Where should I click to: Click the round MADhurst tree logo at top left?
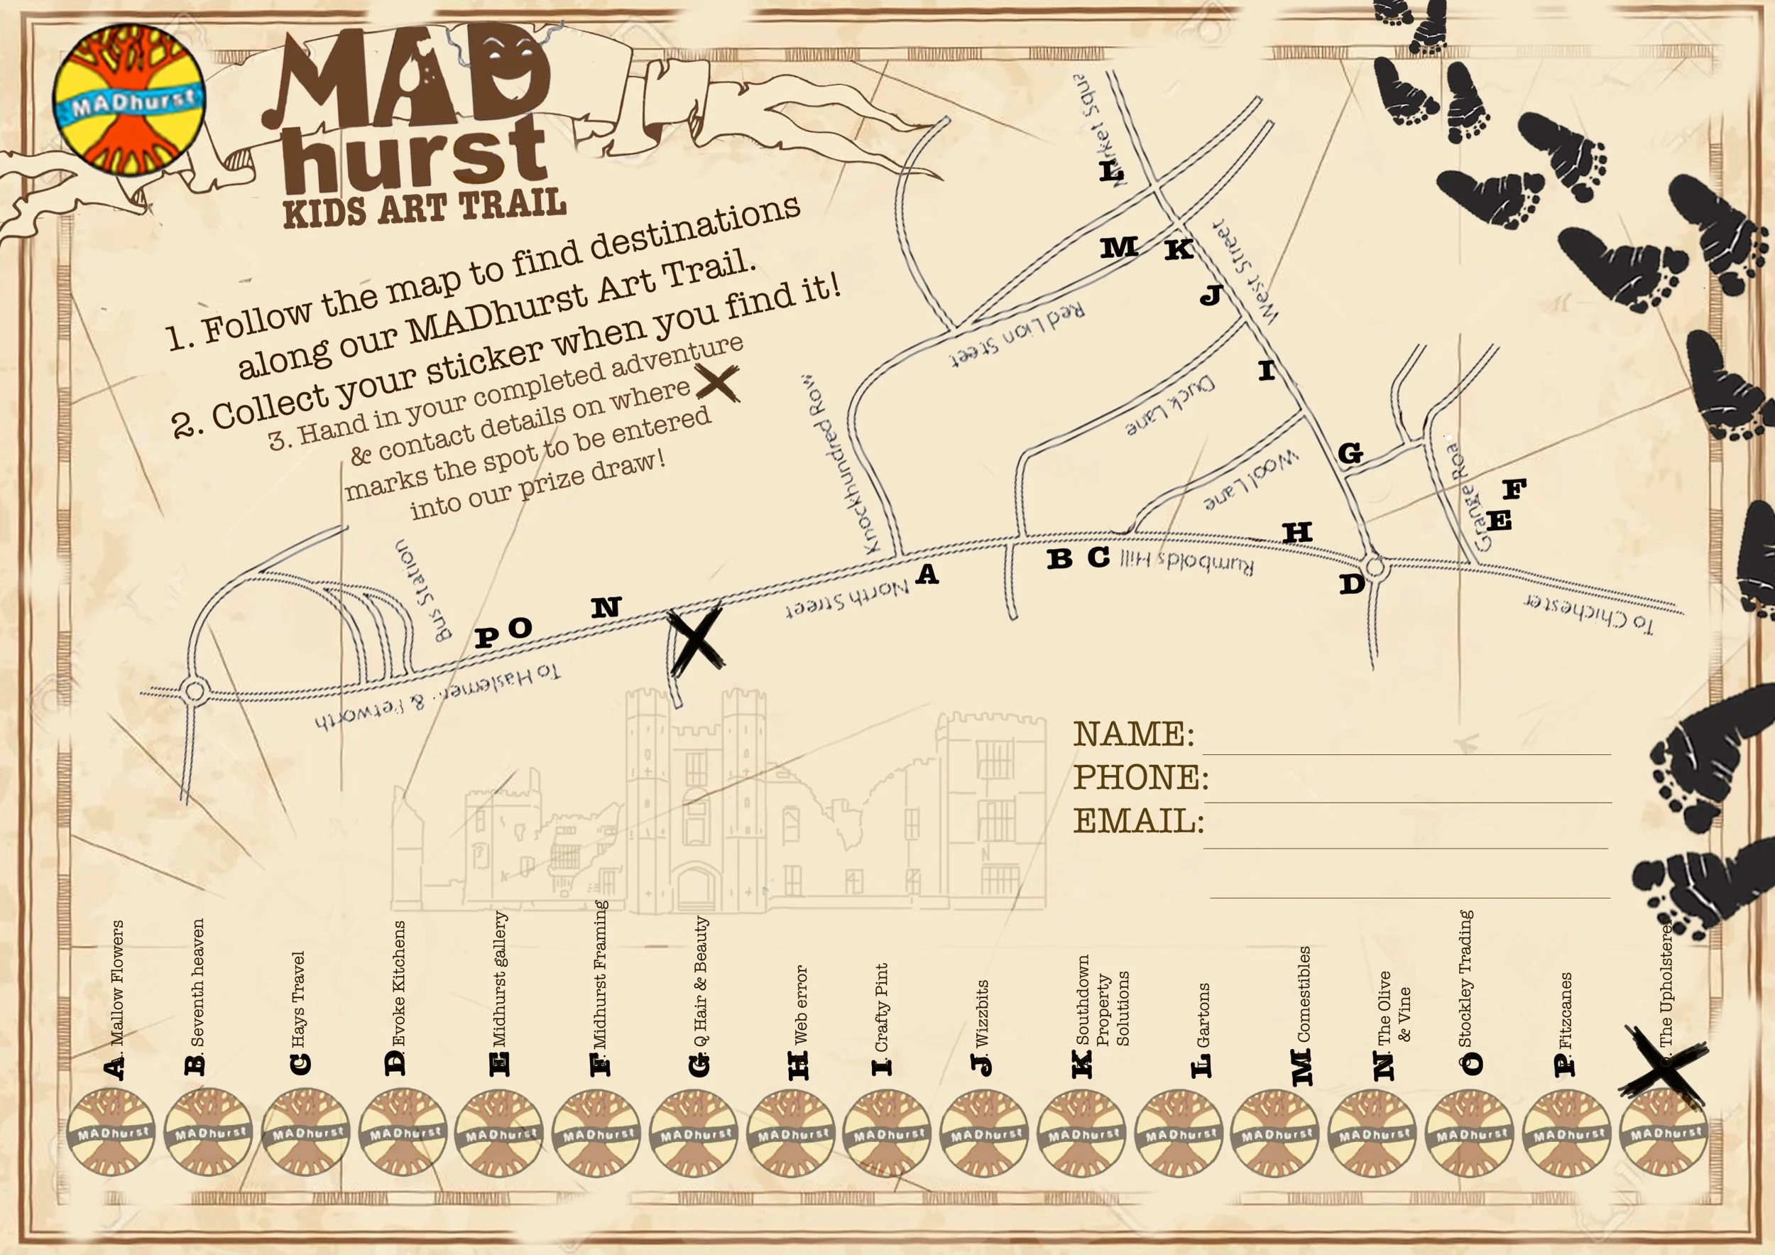(x=129, y=99)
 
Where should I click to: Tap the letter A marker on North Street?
(x=927, y=575)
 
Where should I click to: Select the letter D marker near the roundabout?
(x=1351, y=585)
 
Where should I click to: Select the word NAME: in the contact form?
(x=1133, y=734)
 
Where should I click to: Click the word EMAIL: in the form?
(x=1138, y=821)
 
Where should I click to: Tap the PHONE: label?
(x=1140, y=777)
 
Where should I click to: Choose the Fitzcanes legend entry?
(x=1565, y=1013)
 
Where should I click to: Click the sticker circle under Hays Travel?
(x=306, y=1133)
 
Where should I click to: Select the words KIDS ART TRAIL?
(x=425, y=207)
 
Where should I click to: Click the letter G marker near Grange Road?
(x=1350, y=453)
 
